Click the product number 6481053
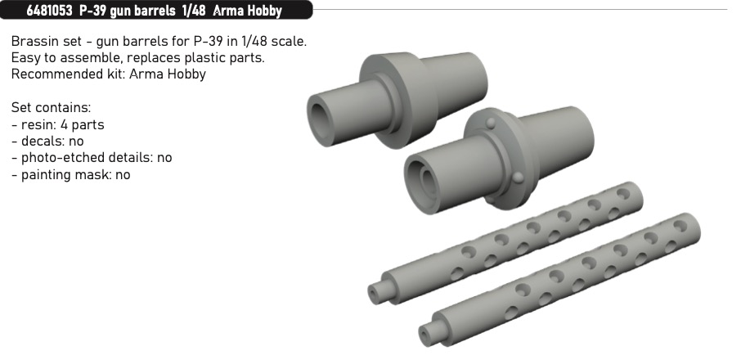(49, 11)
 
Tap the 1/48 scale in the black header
(193, 11)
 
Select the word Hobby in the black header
(265, 11)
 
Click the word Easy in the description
(25, 58)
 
